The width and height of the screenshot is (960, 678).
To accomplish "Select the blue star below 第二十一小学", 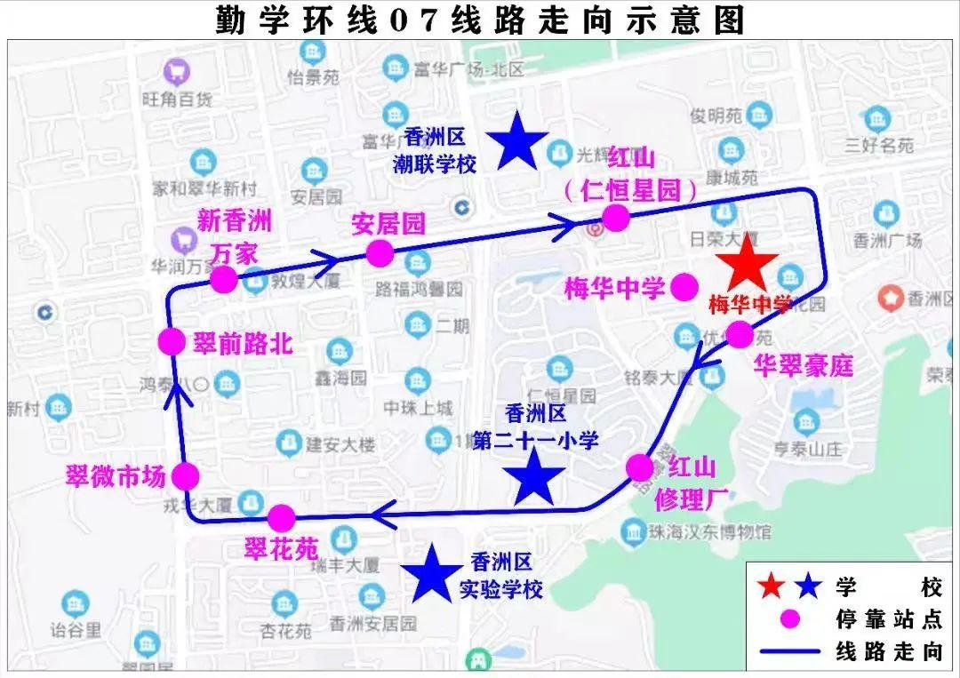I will pos(534,477).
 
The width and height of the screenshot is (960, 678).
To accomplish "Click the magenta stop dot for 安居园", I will pos(380,253).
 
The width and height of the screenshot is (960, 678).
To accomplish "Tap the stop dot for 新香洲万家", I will pos(223,280).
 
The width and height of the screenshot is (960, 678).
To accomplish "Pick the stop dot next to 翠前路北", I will pos(171,341).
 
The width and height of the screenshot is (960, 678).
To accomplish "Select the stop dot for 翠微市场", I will pos(185,476).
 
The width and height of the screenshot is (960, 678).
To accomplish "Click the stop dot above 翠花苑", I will pos(281,517).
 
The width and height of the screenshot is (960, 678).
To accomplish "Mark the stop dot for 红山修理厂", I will pos(639,467).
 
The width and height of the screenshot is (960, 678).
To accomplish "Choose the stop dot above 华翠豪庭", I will pos(739,335).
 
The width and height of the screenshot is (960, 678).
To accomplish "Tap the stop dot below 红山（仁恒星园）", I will pos(615,218).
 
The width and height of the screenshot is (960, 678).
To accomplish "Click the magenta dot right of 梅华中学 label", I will pos(684,287).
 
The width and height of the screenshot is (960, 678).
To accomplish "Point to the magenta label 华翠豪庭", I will pos(804,365).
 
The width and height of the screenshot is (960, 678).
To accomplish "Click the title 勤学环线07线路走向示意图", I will pos(480,20).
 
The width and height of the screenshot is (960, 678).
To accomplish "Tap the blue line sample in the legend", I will pos(789,651).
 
